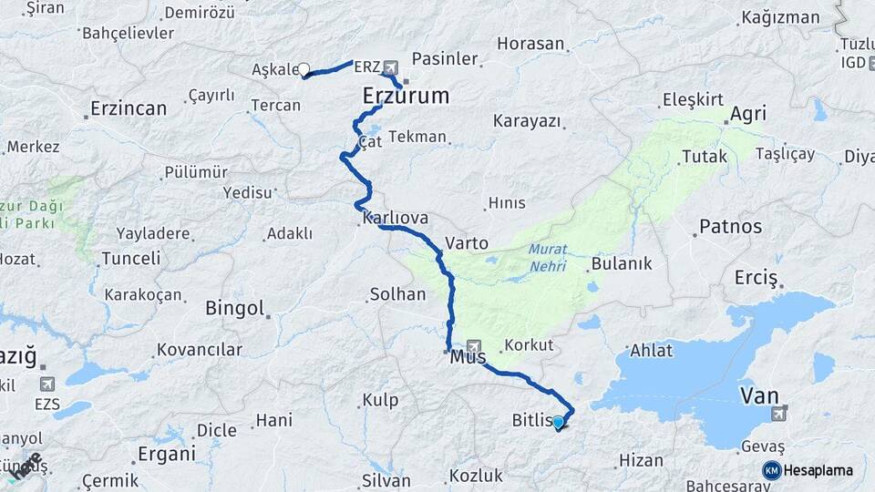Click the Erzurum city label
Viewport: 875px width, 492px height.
pos(406,96)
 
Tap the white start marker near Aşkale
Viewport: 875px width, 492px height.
pos(304,68)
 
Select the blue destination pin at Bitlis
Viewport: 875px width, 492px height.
pos(558,422)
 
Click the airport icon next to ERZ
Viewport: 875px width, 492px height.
pos(391,67)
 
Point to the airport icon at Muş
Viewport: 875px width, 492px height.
pos(473,345)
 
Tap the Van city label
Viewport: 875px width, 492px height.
pos(758,395)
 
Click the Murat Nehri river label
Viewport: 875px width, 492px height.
pos(547,258)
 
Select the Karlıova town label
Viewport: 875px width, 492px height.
pos(396,220)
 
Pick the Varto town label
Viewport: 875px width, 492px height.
pos(467,243)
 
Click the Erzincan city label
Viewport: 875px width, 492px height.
pos(129,108)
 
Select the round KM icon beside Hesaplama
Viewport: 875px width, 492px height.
pos(772,470)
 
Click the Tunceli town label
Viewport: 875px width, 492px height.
pos(130,258)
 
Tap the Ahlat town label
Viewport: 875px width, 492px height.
pos(651,351)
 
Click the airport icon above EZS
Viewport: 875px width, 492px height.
pos(46,384)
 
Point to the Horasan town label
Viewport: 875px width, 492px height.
pos(531,43)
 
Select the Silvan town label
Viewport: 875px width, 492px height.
pos(386,480)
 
